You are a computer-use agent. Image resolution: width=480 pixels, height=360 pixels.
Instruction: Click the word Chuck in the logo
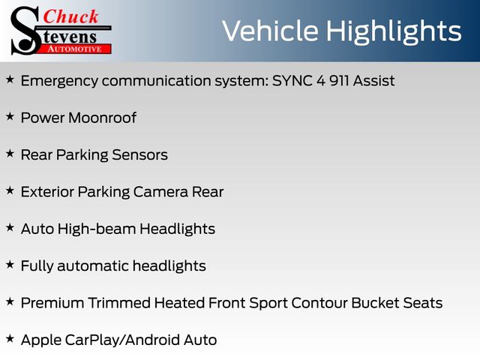pos(70,16)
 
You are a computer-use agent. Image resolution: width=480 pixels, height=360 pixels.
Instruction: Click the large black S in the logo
pos(25,31)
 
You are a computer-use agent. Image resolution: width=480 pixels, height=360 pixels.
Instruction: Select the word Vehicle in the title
pos(270,31)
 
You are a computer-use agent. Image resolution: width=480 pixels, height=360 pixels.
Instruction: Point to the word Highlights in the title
pos(394,32)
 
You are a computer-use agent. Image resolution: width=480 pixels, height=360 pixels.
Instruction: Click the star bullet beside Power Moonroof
pos(10,117)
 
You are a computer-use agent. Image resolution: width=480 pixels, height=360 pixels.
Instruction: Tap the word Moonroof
pos(103,118)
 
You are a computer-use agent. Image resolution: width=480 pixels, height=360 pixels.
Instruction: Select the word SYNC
pos(292,81)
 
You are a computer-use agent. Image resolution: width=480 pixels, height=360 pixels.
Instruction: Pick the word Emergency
pos(59,82)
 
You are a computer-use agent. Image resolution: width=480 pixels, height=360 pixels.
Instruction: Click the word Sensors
pos(140,155)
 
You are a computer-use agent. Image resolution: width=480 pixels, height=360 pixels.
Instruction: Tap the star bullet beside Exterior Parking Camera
pos(10,190)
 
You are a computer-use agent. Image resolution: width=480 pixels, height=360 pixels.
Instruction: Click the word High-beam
pos(97,229)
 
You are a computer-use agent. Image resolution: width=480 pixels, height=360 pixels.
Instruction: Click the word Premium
pos(52,303)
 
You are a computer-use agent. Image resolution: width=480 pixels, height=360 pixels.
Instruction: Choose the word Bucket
pos(375,303)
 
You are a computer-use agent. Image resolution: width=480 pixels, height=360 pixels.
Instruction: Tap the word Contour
pos(319,303)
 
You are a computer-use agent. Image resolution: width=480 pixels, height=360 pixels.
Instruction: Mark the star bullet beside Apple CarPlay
pos(10,339)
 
